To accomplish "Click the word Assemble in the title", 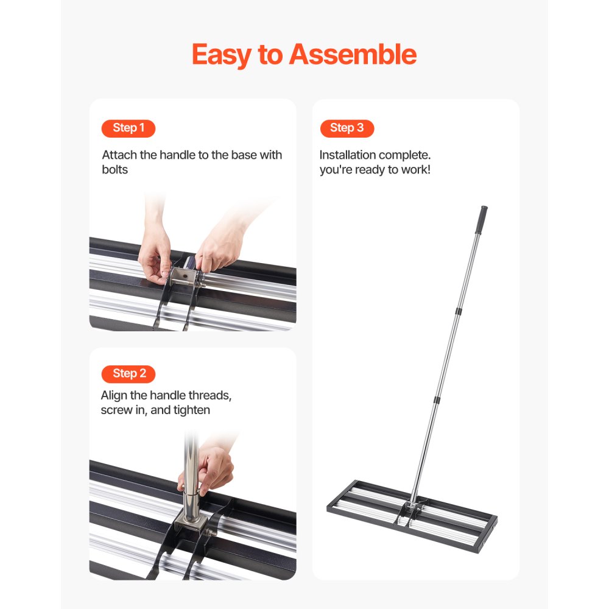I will click(353, 55).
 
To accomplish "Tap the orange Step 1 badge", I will click(128, 128).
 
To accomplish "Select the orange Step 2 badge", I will click(128, 373).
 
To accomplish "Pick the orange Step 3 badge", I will click(347, 128).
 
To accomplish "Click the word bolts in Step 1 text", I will click(115, 169).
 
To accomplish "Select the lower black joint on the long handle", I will click(437, 400).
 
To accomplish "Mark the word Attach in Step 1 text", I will click(119, 155).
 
